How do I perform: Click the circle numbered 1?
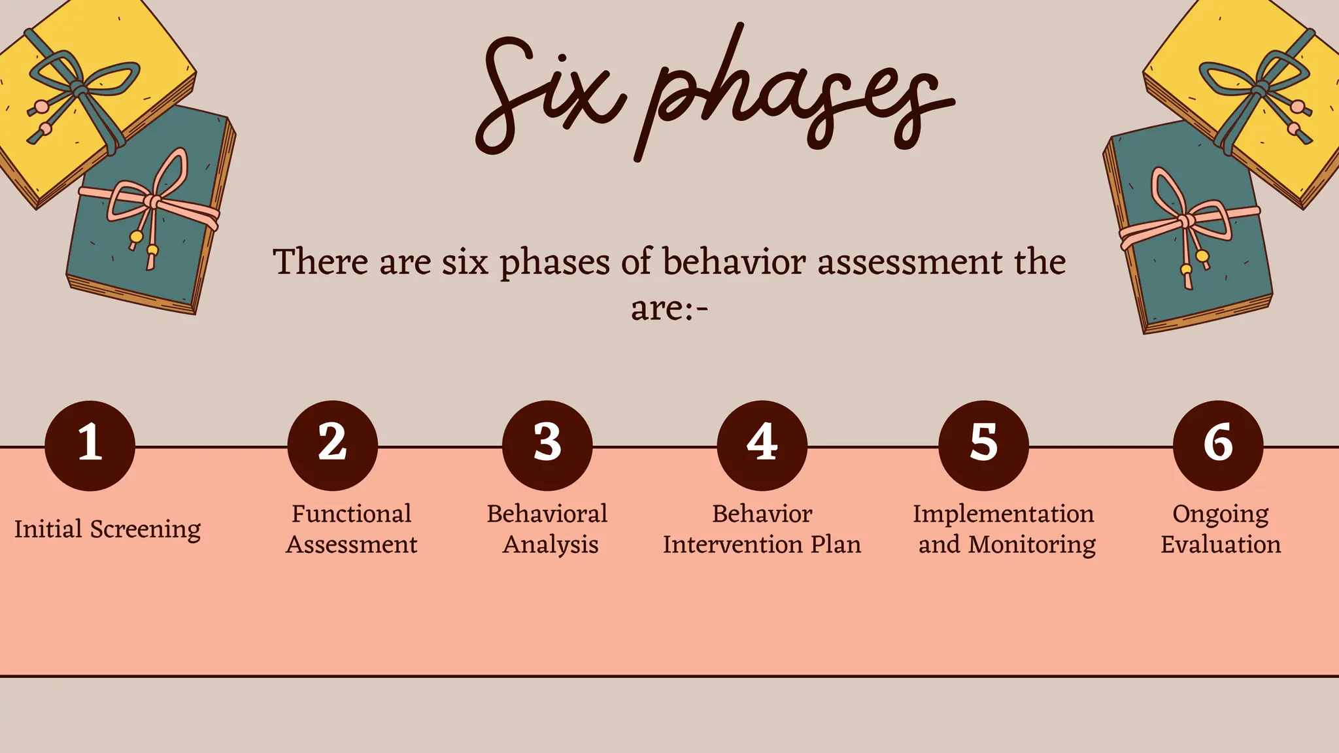click(90, 445)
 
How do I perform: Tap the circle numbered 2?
click(332, 445)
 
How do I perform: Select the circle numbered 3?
click(547, 445)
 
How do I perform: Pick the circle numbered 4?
click(762, 445)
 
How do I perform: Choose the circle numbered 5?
click(983, 445)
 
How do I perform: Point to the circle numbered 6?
click(1218, 445)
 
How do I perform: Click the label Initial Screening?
click(108, 529)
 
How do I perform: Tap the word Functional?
click(351, 514)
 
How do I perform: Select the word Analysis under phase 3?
click(551, 544)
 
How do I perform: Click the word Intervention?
click(733, 544)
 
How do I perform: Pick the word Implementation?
click(1003, 514)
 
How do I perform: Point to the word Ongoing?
click(1220, 514)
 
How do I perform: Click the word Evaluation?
click(1221, 544)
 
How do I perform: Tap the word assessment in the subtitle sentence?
click(909, 262)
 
